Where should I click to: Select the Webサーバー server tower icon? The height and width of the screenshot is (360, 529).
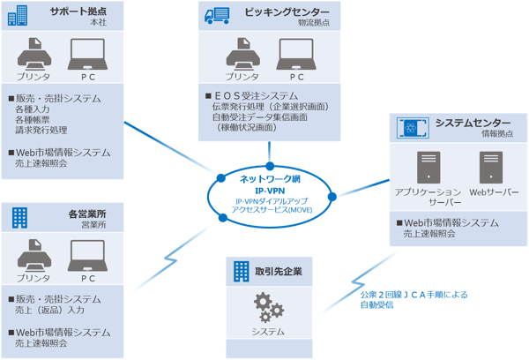pyautogui.click(x=489, y=167)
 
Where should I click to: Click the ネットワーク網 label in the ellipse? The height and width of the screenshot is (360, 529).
pyautogui.click(x=270, y=178)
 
